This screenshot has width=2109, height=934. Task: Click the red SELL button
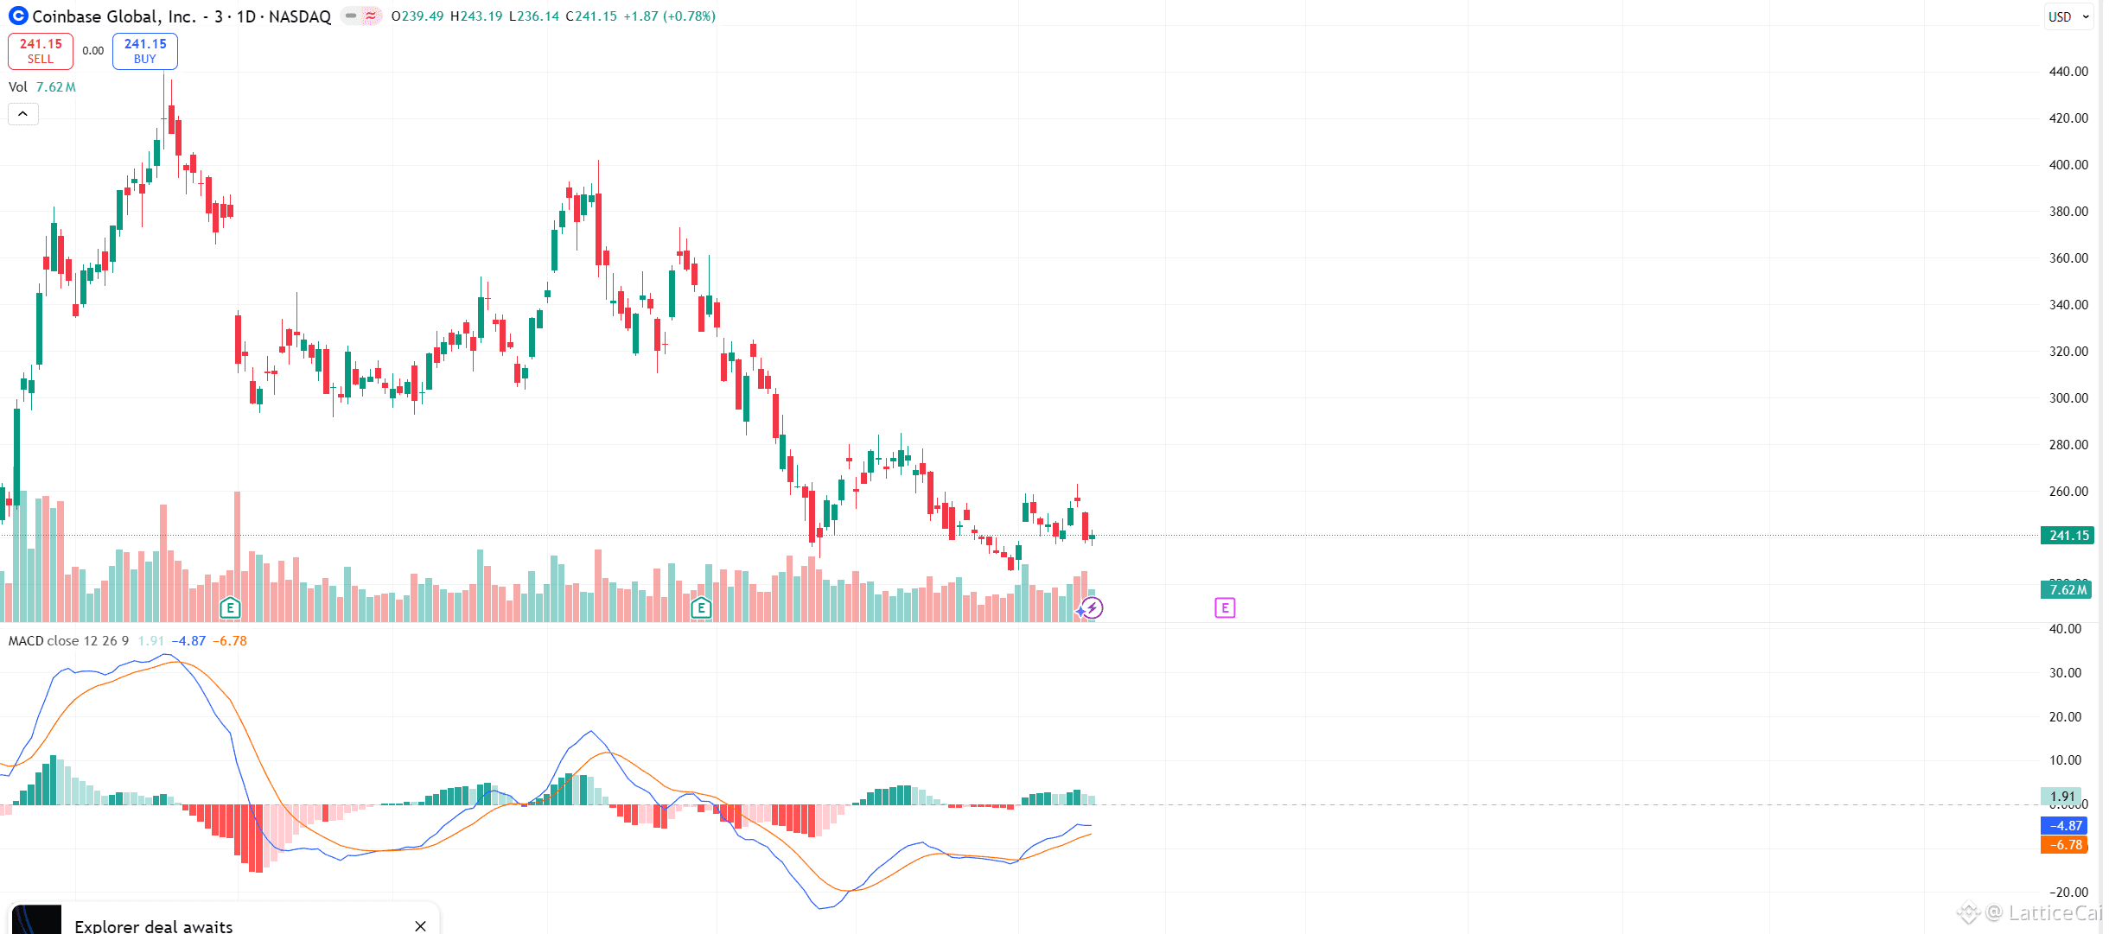[x=41, y=51]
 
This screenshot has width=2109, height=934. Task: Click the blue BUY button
[x=144, y=51]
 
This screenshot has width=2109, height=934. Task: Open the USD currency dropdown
[x=2068, y=16]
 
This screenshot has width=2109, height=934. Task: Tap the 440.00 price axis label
[x=2068, y=72]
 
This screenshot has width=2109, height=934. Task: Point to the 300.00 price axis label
[x=2068, y=398]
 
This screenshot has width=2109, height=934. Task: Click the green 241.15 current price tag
[x=2067, y=536]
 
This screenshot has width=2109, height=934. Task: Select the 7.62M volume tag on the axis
[x=2067, y=590]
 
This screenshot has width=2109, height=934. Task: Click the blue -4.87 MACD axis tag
[x=2065, y=826]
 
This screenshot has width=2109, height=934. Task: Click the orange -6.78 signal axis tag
[x=2065, y=845]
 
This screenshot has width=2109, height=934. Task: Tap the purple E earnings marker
[x=1225, y=608]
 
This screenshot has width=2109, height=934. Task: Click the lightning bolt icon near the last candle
[x=1093, y=608]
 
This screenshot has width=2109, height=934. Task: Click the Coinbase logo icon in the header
[x=18, y=16]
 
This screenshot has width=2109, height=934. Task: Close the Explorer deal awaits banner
[x=421, y=926]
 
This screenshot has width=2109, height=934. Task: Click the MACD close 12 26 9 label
[x=68, y=641]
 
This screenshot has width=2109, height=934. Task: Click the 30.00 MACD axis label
[x=2065, y=673]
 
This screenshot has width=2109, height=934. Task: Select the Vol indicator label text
[x=18, y=87]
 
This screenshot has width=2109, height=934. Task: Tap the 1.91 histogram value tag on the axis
[x=2062, y=797]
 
